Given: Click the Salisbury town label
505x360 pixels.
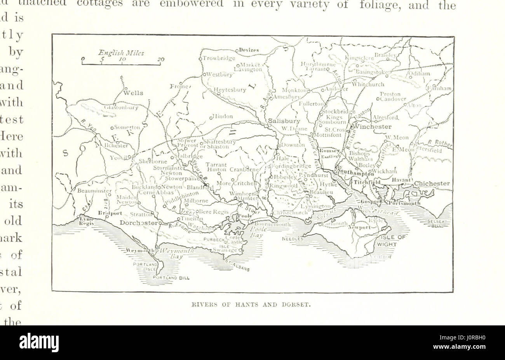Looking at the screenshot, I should (x=284, y=121).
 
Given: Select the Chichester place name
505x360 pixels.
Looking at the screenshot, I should (x=432, y=183).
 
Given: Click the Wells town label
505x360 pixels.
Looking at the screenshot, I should (x=133, y=93).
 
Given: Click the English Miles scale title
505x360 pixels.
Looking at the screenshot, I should (x=121, y=53).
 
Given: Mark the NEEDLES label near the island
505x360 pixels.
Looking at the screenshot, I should (x=293, y=239).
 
